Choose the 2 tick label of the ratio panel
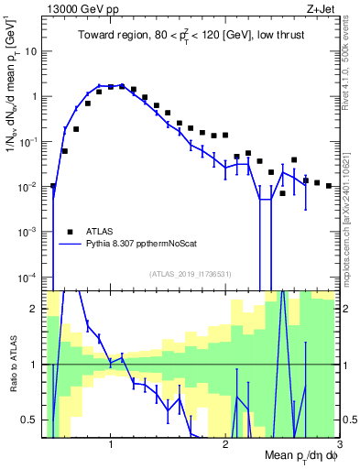[37, 309]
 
